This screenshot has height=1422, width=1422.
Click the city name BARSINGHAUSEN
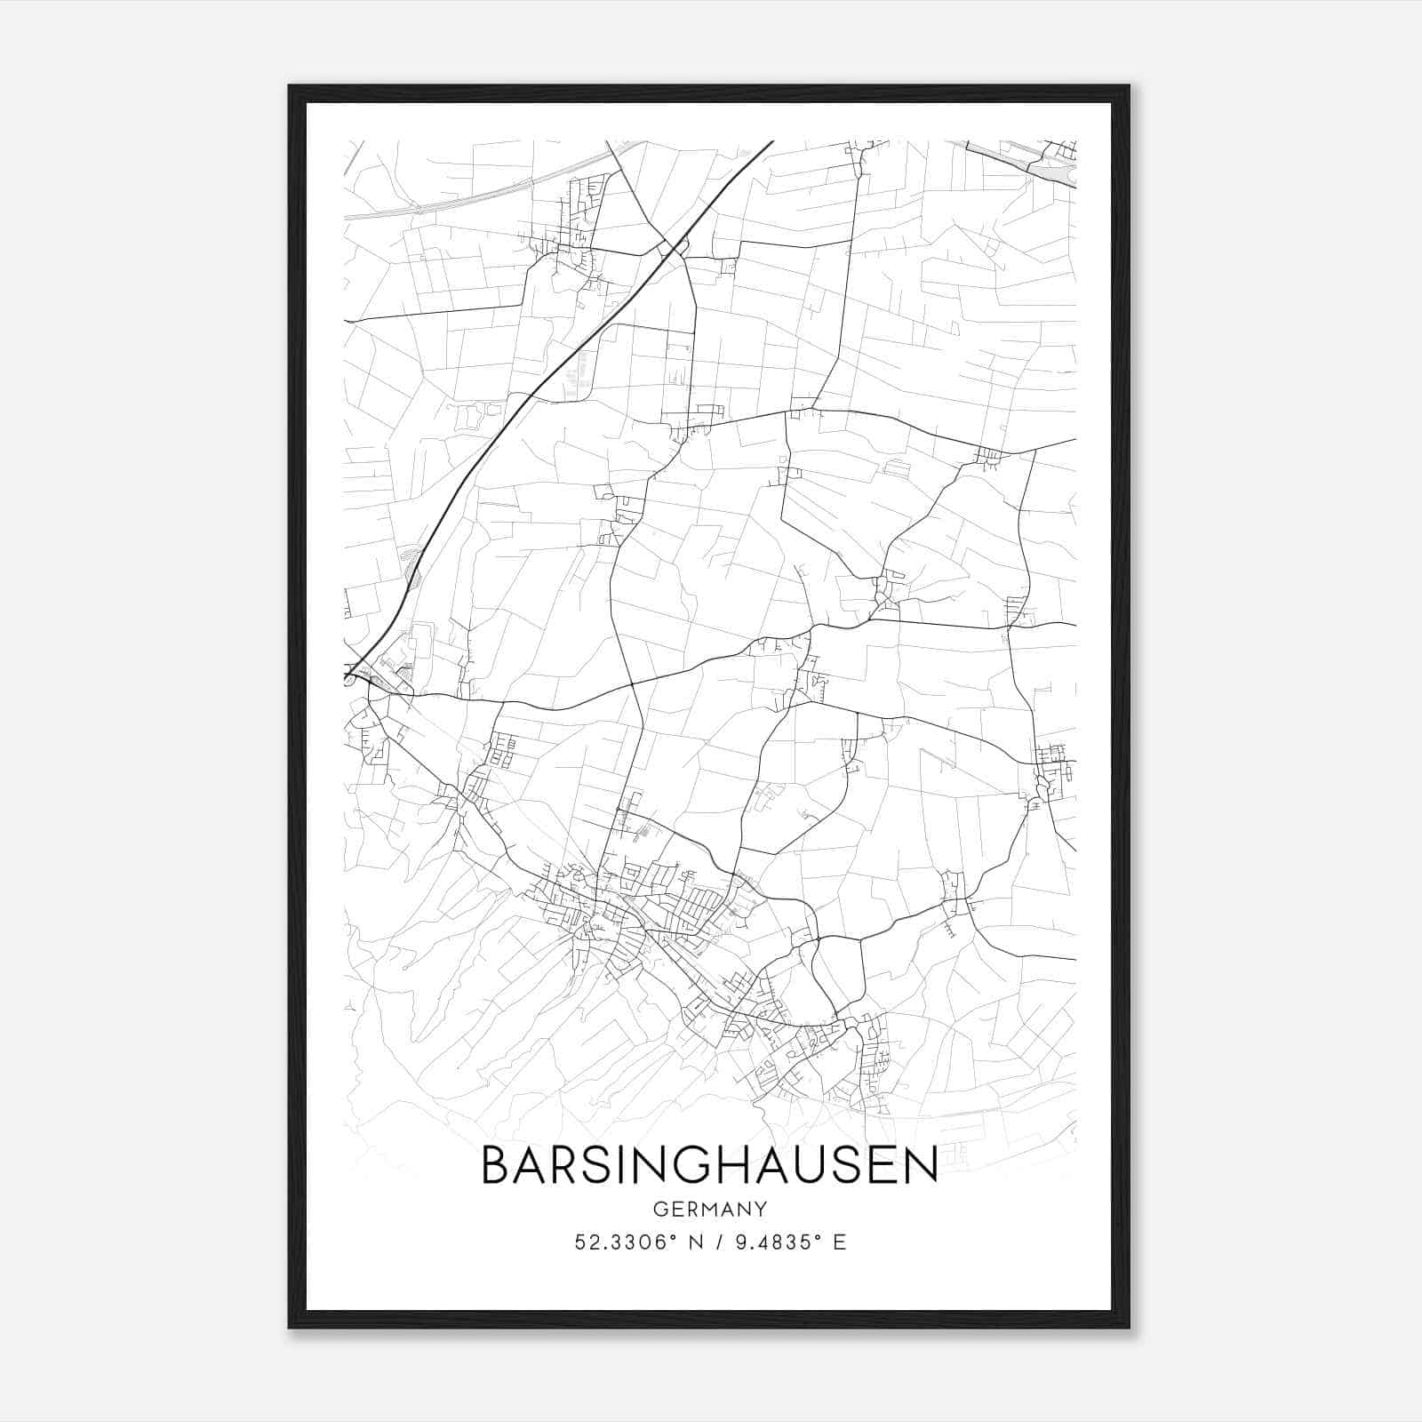[x=709, y=1165]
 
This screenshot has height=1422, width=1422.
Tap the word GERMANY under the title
[x=709, y=1209]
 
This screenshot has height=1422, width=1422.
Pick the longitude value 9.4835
[x=775, y=1242]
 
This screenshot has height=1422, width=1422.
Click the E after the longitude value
[x=840, y=1242]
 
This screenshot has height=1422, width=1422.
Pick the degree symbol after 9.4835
[x=818, y=1237]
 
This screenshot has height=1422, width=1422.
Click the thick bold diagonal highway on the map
[x=533, y=382]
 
